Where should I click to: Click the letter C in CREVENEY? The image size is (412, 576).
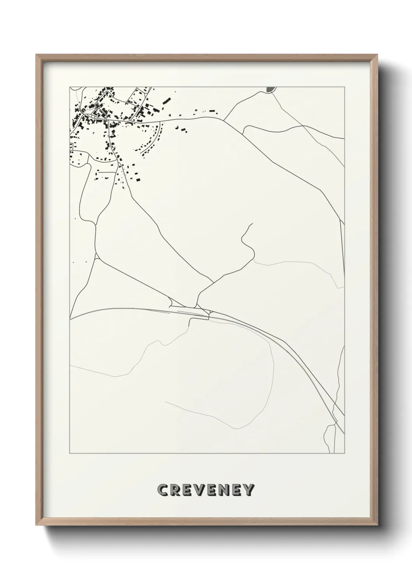(163, 490)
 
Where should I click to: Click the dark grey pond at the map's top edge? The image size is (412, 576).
(269, 90)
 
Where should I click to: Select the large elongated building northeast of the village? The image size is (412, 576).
(167, 100)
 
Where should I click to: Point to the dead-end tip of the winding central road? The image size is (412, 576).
(252, 223)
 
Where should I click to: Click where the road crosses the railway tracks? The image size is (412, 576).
(209, 314)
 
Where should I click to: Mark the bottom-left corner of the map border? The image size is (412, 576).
(70, 453)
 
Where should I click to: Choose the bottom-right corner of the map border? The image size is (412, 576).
(345, 453)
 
